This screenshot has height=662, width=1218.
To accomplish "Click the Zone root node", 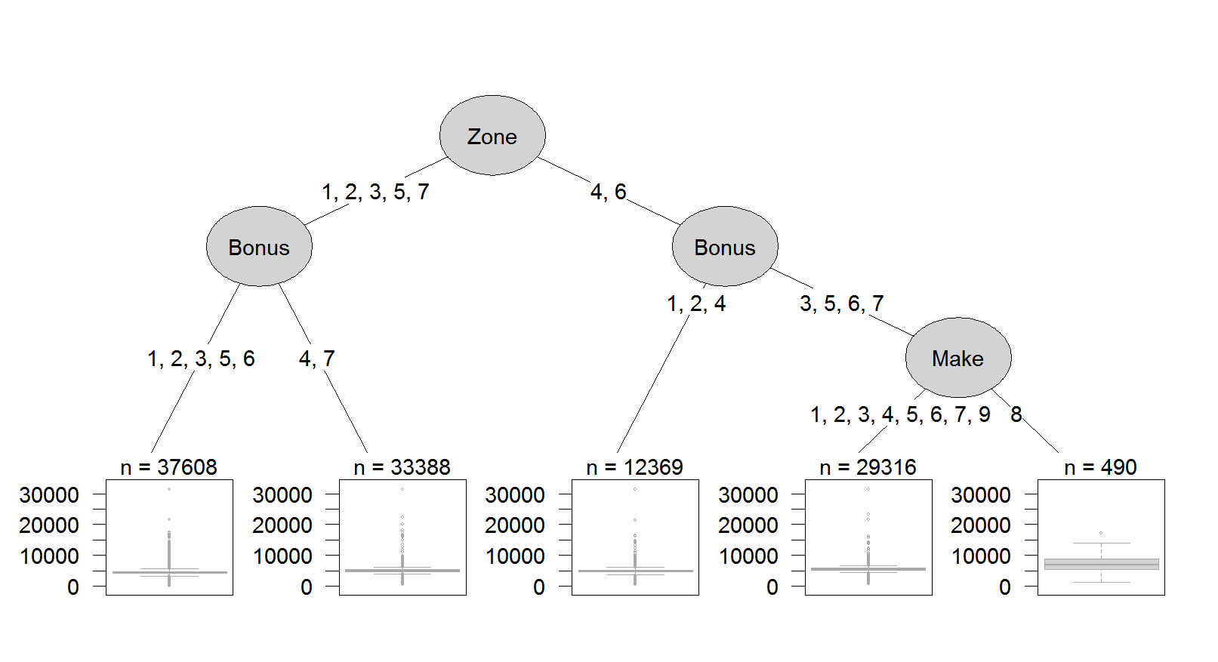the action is pyautogui.click(x=492, y=135).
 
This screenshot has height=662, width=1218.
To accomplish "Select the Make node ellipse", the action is pyautogui.click(x=958, y=358).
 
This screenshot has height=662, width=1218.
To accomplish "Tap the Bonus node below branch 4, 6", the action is pyautogui.click(x=725, y=246).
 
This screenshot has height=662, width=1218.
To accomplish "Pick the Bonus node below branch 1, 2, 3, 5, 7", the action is pyautogui.click(x=259, y=246).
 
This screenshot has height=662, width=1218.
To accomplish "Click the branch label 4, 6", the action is pyautogui.click(x=609, y=192).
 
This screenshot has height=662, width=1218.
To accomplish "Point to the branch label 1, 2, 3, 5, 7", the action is pyautogui.click(x=376, y=192).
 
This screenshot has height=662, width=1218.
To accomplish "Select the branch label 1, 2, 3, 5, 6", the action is pyautogui.click(x=201, y=359).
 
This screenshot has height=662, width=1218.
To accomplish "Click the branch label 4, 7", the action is pyautogui.click(x=317, y=359).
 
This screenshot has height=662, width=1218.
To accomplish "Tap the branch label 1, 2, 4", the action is pyautogui.click(x=696, y=303).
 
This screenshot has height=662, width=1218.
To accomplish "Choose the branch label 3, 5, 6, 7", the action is pyautogui.click(x=842, y=303).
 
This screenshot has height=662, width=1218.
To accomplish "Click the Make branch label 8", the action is pyautogui.click(x=1016, y=414).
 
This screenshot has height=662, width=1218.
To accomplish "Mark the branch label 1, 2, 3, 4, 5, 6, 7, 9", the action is pyautogui.click(x=900, y=414).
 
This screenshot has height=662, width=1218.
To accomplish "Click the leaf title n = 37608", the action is pyautogui.click(x=168, y=467).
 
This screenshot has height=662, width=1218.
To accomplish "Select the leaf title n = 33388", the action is pyautogui.click(x=402, y=467).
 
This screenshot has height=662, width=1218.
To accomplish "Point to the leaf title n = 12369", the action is pyautogui.click(x=634, y=467).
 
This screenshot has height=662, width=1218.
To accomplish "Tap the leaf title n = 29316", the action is pyautogui.click(x=868, y=467).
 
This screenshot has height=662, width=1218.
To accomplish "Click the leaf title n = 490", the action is pyautogui.click(x=1100, y=467).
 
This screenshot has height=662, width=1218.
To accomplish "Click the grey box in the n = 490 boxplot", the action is pyautogui.click(x=1102, y=564).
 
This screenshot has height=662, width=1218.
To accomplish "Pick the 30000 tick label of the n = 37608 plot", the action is pyautogui.click(x=49, y=494).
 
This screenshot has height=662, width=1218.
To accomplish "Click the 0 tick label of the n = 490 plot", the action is pyautogui.click(x=1005, y=587).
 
